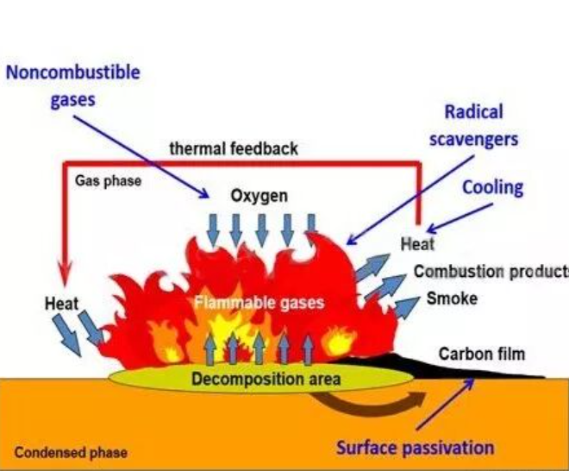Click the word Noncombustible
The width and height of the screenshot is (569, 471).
pos(73,72)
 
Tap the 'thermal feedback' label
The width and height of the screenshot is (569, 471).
pos(234,148)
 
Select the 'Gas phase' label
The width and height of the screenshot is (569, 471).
pos(108,181)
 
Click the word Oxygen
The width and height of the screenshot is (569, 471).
pos(259,196)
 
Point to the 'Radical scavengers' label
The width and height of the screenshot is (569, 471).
pos(474,126)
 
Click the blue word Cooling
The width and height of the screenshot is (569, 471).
pos(493,188)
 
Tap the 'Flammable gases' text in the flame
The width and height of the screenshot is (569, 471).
pos(259,303)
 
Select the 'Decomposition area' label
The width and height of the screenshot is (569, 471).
pos(266,379)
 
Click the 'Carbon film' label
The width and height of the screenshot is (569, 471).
pos(482,354)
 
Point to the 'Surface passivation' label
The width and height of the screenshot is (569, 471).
pos(416,448)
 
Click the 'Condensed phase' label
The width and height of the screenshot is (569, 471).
pos(71,453)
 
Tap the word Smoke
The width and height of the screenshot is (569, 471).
pos(452,298)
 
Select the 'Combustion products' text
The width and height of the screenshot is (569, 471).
pos(491,271)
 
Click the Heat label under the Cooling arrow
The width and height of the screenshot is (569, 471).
pos(417,243)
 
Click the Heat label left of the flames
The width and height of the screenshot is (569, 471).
pos(61,304)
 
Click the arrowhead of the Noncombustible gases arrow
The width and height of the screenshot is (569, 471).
pos(204,194)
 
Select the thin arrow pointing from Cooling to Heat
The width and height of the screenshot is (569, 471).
pos(460,217)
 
